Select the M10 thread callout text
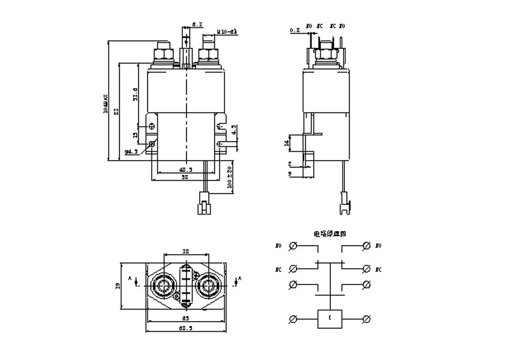click(227, 30)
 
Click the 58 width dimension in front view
click(184, 178)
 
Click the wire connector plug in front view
click(204, 208)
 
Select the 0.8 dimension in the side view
click(294, 30)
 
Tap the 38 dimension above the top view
click(185, 251)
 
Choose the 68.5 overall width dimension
click(185, 329)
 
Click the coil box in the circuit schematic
click(330, 318)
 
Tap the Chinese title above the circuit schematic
click(330, 234)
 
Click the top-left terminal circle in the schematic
click(293, 246)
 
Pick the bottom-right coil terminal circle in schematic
click(367, 318)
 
